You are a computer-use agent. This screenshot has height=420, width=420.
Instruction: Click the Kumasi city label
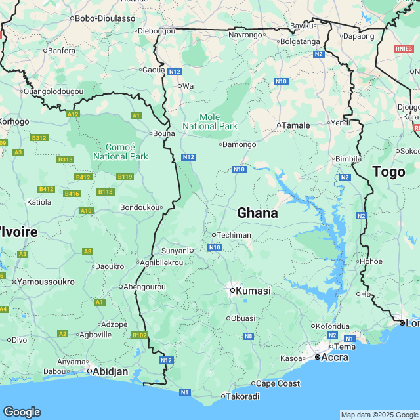click(253, 290)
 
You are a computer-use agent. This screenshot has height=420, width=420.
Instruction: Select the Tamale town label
click(295, 125)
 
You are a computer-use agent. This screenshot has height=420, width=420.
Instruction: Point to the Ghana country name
click(257, 213)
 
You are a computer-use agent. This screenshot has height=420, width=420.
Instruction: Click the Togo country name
click(388, 172)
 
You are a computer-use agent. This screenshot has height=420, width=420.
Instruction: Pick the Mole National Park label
click(210, 121)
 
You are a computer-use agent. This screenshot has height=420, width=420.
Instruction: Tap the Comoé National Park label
click(120, 152)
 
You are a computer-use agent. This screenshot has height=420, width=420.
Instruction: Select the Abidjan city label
click(110, 371)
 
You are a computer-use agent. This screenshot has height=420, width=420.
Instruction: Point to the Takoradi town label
click(243, 396)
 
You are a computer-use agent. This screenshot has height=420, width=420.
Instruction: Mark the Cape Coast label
click(277, 383)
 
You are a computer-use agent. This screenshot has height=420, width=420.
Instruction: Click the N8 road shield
click(248, 337)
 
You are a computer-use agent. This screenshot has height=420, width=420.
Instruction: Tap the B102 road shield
click(139, 335)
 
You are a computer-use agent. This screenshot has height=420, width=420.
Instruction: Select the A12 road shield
click(73, 114)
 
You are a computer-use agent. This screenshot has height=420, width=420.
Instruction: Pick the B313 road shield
click(65, 159)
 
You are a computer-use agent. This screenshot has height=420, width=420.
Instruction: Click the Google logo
click(22, 412)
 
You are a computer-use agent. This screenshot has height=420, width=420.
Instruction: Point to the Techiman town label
click(234, 234)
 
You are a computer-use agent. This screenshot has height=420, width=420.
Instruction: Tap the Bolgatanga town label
click(299, 41)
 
